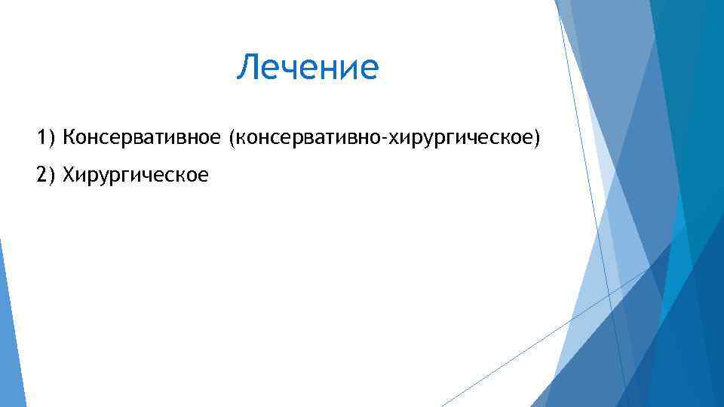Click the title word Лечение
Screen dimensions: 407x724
click(307, 68)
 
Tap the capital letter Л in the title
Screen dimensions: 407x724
click(247, 68)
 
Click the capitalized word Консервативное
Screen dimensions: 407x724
click(143, 138)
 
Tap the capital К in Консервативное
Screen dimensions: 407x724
click(69, 138)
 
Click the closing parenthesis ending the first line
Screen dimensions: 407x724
click(538, 139)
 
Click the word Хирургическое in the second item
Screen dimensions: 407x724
click(136, 176)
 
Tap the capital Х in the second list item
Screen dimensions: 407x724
click(69, 175)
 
